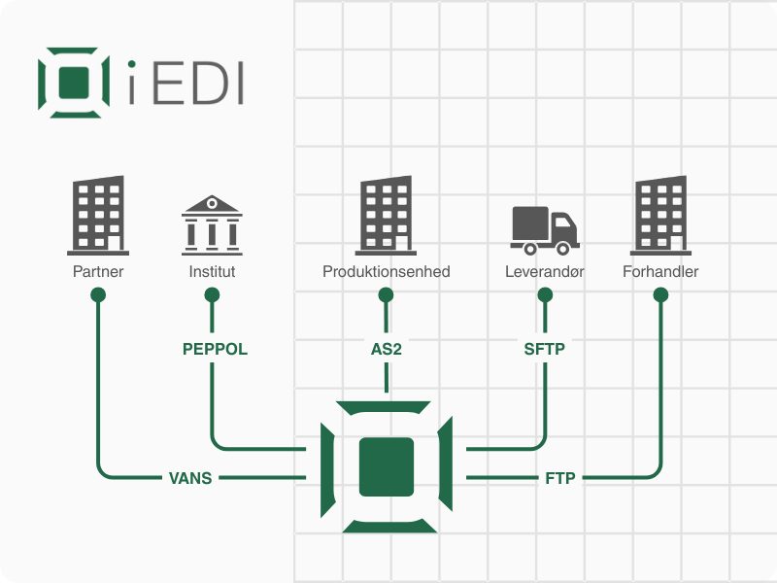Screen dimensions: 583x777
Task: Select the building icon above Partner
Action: tap(98, 214)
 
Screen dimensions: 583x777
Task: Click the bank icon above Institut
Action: tap(212, 223)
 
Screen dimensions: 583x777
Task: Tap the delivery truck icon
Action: tap(544, 226)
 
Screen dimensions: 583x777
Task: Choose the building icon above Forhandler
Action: tap(660, 214)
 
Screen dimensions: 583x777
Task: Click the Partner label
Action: tap(98, 272)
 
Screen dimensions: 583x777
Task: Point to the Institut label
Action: tap(212, 272)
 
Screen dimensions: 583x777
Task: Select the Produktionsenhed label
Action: tap(387, 272)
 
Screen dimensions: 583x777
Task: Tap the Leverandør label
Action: tap(544, 272)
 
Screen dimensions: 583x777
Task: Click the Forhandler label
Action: tap(660, 272)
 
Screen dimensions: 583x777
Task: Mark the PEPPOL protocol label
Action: tap(215, 349)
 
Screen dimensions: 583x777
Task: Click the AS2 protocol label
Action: tap(387, 349)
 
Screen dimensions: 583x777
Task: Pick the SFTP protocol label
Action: tap(544, 349)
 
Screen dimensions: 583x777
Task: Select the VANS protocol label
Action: tap(190, 477)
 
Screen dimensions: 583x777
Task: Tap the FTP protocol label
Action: tap(561, 477)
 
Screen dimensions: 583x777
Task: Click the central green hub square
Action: tap(387, 466)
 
